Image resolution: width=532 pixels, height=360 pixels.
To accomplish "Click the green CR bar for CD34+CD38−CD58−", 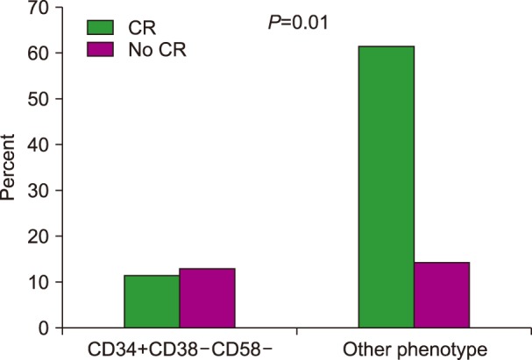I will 152,301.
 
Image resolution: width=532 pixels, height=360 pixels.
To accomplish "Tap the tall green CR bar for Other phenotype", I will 387,187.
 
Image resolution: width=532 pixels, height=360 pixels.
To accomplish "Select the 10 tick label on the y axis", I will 39,282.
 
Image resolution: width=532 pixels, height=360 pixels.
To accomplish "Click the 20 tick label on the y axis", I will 39,236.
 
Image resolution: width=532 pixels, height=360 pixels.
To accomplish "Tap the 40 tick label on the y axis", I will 39,145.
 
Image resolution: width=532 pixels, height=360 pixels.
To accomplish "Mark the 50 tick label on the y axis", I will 39,99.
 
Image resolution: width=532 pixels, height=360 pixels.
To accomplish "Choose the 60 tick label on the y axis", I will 39,53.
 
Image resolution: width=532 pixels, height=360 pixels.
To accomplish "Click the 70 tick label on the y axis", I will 39,8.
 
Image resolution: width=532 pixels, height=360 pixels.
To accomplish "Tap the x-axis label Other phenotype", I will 414,349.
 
